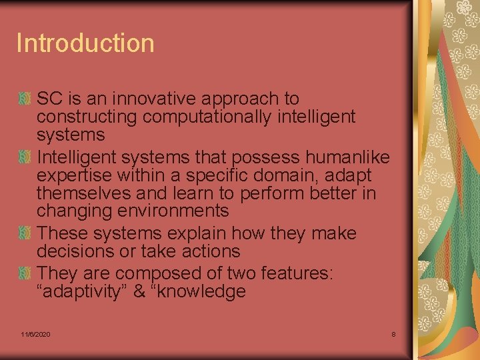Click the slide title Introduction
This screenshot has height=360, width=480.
click(x=85, y=43)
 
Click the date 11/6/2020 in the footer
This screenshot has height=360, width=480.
click(x=35, y=333)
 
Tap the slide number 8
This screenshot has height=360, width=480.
click(x=393, y=333)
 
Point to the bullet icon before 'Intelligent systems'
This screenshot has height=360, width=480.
click(x=25, y=157)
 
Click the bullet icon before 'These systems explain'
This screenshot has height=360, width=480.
click(x=25, y=234)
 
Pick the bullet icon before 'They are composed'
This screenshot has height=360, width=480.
click(x=25, y=273)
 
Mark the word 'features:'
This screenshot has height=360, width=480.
click(x=299, y=273)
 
